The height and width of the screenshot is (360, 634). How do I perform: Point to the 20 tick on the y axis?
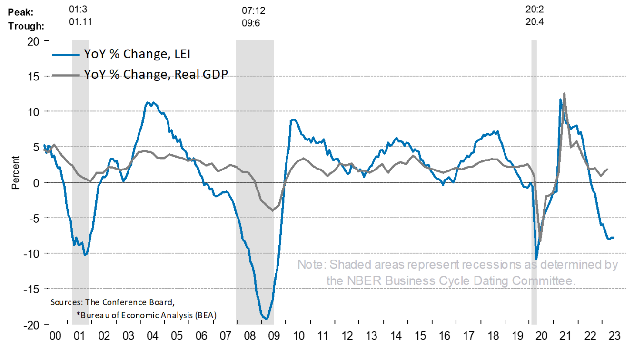coord(32,41)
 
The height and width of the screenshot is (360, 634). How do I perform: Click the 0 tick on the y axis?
coord(35,182)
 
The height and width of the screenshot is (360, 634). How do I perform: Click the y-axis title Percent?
coord(15,172)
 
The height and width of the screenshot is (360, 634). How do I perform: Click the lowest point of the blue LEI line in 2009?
coord(267,319)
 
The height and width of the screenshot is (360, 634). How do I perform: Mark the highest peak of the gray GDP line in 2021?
coord(564,94)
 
